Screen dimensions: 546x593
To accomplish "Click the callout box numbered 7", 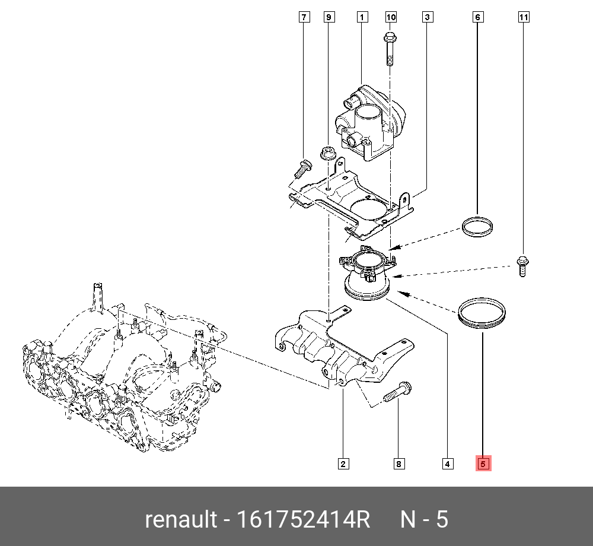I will click(304, 17).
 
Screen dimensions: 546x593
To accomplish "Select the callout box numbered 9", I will click(329, 17).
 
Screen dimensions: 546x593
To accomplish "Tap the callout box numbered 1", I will click(361, 17).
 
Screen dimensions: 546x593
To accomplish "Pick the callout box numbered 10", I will click(391, 17).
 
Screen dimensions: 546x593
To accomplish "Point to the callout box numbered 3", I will click(427, 17).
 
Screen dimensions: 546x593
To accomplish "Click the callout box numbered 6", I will click(477, 17).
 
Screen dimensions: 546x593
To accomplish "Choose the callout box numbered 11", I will click(523, 17).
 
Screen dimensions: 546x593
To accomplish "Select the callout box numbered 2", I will click(343, 464).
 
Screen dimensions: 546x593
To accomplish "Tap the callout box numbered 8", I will click(398, 464).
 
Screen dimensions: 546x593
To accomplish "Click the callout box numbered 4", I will click(448, 464).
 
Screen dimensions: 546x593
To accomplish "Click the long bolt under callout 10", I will click(390, 49).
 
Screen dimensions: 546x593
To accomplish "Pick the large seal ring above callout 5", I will click(483, 314).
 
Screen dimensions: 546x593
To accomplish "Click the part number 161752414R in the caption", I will click(303, 520).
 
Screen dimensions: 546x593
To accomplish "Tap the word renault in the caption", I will click(181, 520).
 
